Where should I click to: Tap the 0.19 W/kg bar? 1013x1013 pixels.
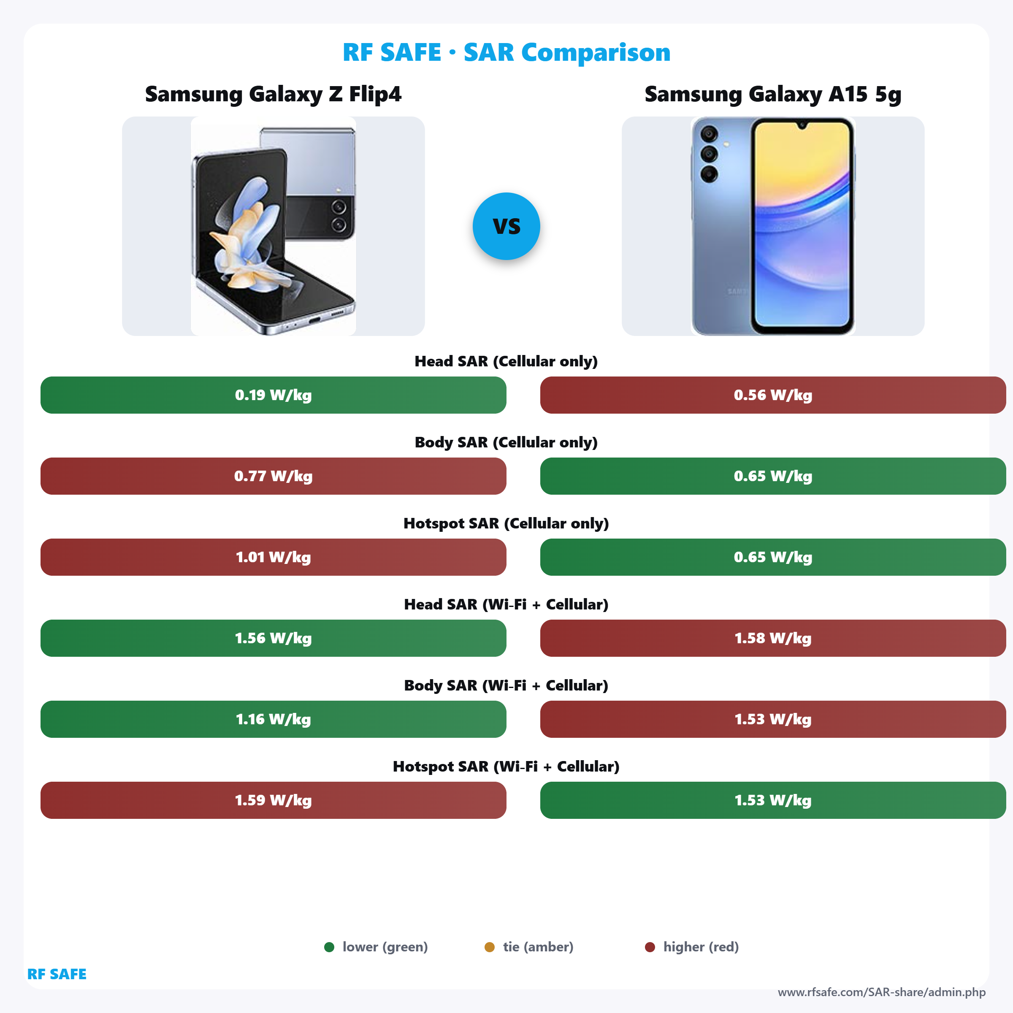click(x=273, y=395)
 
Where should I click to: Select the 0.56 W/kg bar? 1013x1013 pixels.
click(x=772, y=395)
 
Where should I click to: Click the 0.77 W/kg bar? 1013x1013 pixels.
click(x=273, y=476)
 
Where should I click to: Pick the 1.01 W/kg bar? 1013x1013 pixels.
click(x=273, y=557)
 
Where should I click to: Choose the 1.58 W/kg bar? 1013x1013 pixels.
click(x=772, y=638)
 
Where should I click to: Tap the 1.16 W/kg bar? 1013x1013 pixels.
click(x=273, y=719)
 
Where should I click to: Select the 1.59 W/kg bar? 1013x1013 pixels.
click(x=273, y=800)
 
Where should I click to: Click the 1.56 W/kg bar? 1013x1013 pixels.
click(x=273, y=638)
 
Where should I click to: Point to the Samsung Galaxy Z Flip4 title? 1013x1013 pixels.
click(x=273, y=95)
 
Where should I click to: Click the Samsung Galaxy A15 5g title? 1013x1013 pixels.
click(x=772, y=95)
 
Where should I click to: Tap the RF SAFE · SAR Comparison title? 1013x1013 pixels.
click(x=506, y=52)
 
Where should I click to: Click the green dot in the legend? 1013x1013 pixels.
click(x=329, y=947)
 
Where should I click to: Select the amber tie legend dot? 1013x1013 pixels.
click(x=489, y=947)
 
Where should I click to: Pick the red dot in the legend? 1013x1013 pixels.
click(x=650, y=947)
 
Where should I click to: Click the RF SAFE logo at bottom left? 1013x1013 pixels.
click(x=57, y=974)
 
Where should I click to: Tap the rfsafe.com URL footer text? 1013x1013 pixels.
click(x=881, y=992)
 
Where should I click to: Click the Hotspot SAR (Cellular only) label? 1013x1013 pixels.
click(x=506, y=523)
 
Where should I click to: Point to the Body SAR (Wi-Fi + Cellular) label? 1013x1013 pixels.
click(x=506, y=685)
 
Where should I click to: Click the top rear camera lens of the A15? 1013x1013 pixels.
click(x=709, y=134)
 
